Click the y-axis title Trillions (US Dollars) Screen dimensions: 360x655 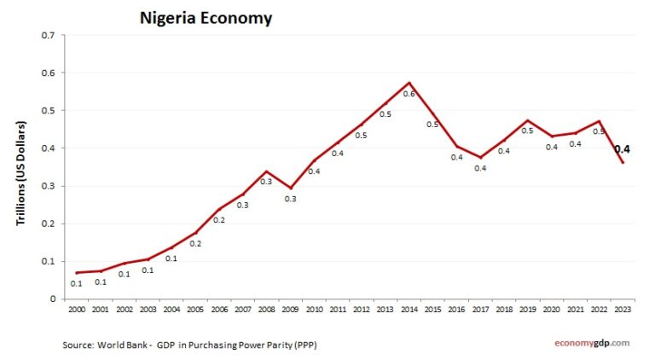21,173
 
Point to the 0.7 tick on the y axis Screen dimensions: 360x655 47,36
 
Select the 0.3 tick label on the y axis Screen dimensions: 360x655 47,186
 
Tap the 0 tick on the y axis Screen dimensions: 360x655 51,299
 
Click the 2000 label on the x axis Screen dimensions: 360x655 76,310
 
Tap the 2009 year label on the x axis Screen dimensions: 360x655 290,310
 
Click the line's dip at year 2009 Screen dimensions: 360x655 290,188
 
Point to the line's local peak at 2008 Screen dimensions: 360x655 266,171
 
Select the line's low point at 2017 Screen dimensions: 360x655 480,158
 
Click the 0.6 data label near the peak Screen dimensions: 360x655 409,94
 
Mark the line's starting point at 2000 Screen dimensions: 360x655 76,272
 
